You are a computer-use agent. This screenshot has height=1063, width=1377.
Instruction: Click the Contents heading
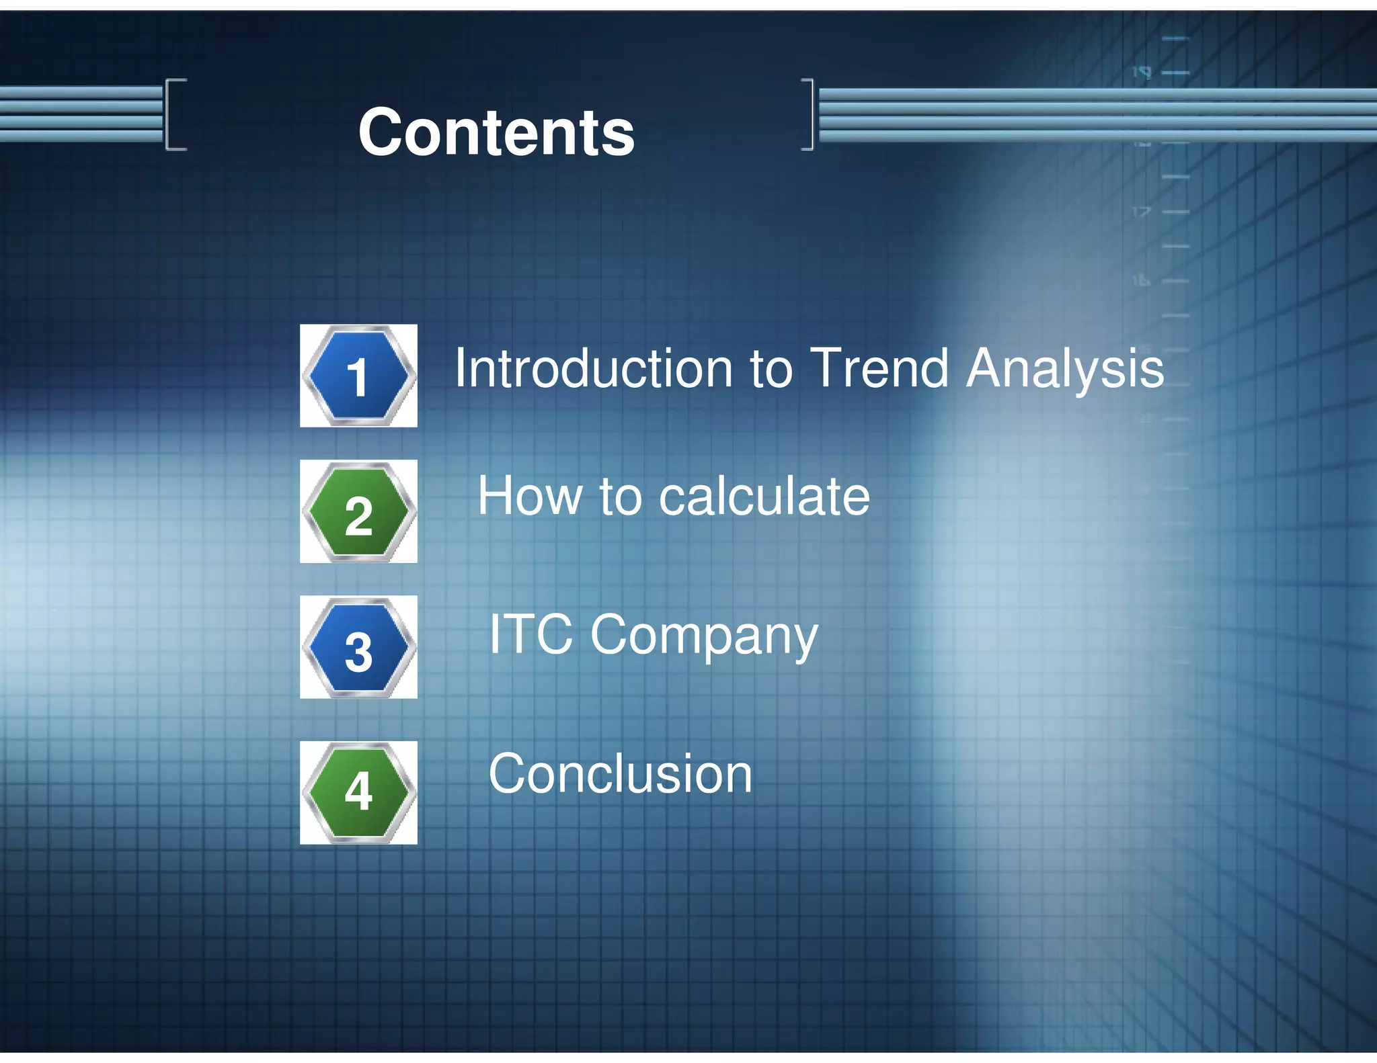(496, 132)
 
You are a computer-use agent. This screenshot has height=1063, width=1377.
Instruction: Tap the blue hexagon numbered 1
(358, 376)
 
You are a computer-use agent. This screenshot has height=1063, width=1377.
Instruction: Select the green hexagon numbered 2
(358, 512)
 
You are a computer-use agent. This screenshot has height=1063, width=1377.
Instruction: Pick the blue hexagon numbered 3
(358, 648)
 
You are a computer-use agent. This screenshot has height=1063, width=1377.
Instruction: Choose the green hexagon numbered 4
(358, 793)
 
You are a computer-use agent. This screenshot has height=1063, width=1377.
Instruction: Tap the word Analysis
(1065, 370)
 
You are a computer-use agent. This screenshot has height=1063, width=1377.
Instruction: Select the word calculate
(764, 497)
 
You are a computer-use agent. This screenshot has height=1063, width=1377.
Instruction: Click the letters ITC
(530, 634)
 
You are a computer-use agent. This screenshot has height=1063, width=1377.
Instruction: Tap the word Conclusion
(620, 774)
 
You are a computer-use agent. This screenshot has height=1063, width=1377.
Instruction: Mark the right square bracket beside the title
(808, 114)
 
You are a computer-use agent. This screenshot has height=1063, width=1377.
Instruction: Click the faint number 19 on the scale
(1141, 72)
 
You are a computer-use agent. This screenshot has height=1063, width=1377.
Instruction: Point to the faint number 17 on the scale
(1141, 212)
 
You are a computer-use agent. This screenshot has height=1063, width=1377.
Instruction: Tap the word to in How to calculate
(620, 497)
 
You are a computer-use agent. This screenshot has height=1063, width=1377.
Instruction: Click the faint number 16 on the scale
(1141, 281)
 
